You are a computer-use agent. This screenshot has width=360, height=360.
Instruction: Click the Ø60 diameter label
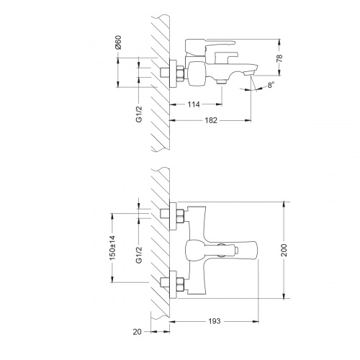[118, 42]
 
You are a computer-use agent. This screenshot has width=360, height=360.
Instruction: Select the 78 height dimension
[280, 58]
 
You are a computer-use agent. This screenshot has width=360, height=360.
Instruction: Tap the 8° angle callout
[271, 85]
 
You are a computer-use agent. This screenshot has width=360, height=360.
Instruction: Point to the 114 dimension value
[194, 104]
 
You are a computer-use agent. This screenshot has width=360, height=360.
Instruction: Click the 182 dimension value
[211, 120]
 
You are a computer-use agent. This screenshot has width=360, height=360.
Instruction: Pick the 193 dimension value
[215, 321]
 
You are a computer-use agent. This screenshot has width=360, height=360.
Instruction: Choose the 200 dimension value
[284, 250]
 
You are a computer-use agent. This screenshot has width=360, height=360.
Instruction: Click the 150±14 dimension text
[112, 248]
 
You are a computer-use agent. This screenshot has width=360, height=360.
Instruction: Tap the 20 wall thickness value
[137, 332]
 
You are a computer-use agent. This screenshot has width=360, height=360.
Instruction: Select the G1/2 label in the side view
[139, 114]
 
